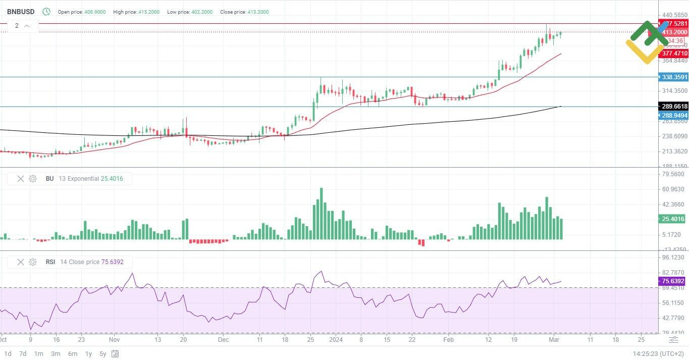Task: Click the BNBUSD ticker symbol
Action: coord(21,12)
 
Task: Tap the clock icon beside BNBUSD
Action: coord(46,12)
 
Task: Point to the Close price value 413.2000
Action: coord(258,12)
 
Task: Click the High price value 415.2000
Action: coord(149,12)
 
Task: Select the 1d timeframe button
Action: coord(8,353)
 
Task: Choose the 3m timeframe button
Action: coord(56,353)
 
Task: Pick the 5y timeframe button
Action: coord(102,353)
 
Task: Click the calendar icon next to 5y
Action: coord(116,353)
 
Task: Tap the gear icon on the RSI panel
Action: coord(33,262)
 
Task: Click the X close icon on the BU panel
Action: coord(21,179)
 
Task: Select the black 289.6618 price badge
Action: coord(674,107)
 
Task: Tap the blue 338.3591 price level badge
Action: coord(674,77)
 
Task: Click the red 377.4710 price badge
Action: coord(674,54)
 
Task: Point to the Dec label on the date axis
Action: coord(224,340)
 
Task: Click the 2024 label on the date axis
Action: coord(335,340)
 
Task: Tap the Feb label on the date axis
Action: coord(448,340)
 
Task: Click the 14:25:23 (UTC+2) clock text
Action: coord(658,353)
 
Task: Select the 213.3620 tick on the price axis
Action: coord(674,151)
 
